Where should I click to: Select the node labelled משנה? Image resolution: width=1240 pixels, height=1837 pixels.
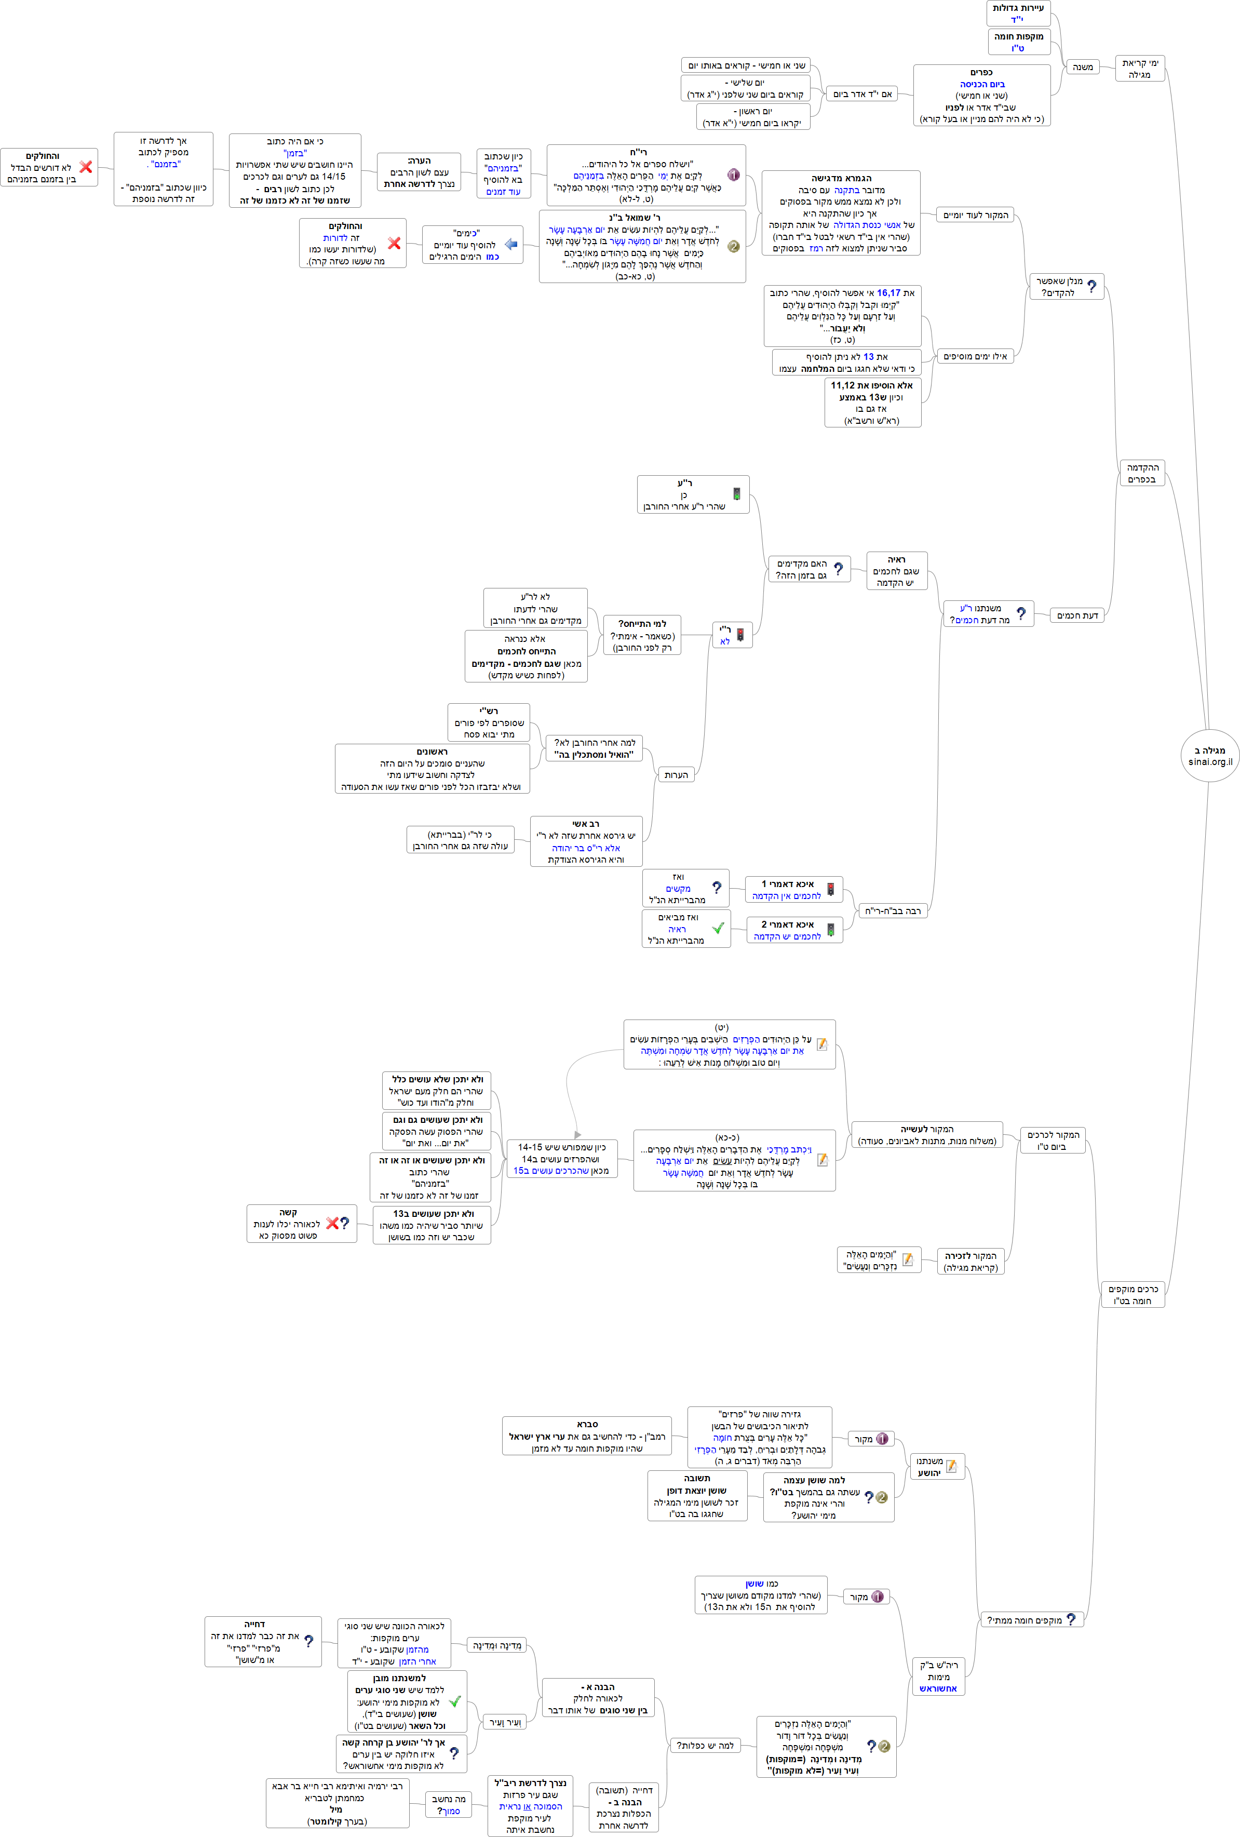[x=1083, y=67]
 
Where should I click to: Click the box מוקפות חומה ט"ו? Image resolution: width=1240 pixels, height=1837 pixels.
[x=1018, y=42]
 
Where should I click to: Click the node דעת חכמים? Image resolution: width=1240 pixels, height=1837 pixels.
[x=1077, y=615]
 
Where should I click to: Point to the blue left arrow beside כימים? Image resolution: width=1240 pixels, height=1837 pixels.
[x=511, y=245]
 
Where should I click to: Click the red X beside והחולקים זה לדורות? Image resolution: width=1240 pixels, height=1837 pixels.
[x=394, y=244]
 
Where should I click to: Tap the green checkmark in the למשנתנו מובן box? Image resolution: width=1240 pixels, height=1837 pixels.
[x=454, y=1701]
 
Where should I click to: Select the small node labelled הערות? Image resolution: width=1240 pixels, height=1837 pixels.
[x=676, y=775]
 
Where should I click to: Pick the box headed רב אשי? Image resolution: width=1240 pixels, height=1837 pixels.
[x=586, y=841]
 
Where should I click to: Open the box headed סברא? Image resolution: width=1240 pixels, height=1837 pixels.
[x=586, y=1436]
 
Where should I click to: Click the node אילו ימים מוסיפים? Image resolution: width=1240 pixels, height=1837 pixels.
[x=975, y=356]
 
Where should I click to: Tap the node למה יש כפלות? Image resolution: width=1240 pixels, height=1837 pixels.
[x=705, y=1745]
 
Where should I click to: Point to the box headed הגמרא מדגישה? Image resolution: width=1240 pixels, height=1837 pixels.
[x=841, y=212]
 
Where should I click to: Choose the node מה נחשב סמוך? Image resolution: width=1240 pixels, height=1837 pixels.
[x=448, y=1805]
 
